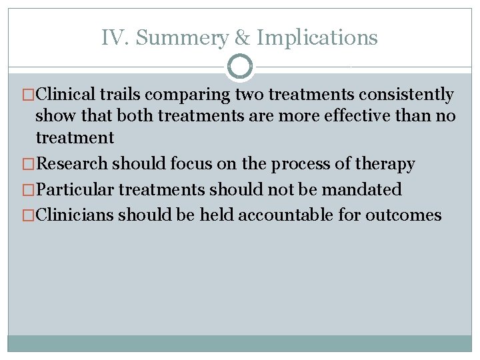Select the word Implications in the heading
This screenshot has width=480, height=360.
(x=317, y=38)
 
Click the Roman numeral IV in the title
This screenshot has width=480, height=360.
(x=111, y=38)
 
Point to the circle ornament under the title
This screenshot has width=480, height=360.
(x=240, y=67)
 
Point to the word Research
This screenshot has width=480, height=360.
(x=72, y=163)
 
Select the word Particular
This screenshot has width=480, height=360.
(x=75, y=189)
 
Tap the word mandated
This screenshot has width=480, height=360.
(x=362, y=189)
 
